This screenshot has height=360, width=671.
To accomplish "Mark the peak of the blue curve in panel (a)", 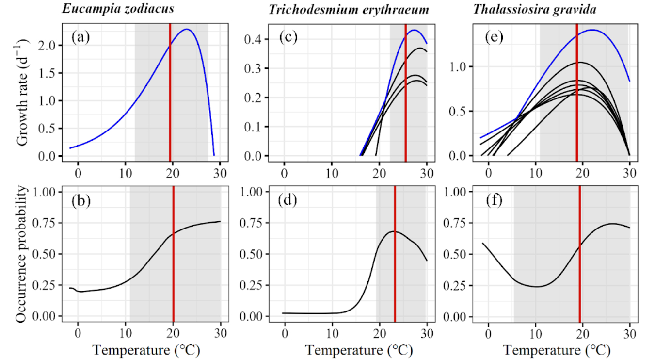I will (187, 29).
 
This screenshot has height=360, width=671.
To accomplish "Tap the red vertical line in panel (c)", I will (405, 97).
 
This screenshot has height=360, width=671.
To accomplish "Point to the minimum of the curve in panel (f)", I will (536, 286).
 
